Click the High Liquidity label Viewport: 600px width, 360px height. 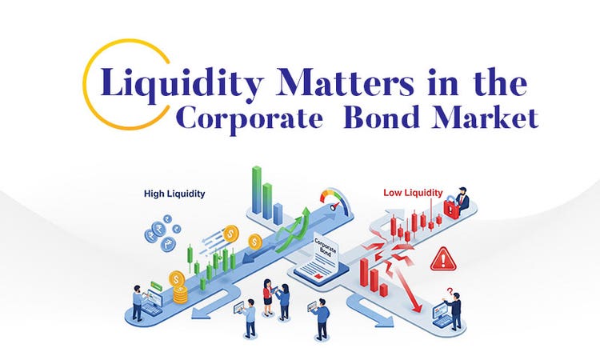(x=175, y=193)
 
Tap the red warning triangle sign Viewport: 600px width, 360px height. (x=442, y=258)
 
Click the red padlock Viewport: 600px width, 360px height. (x=451, y=210)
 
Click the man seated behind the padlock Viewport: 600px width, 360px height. (x=463, y=198)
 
